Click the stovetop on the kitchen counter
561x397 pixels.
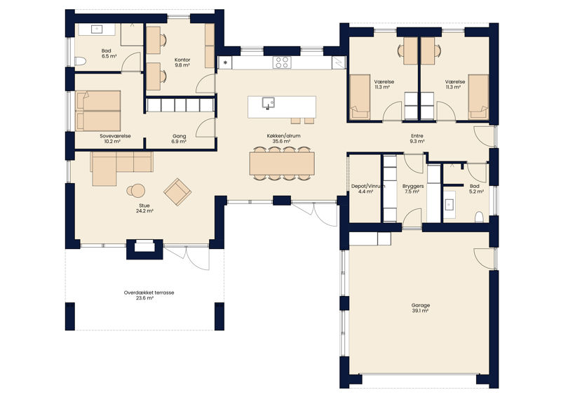(x=282, y=62)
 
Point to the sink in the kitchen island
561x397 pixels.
(x=268, y=102)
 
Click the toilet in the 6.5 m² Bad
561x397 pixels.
(x=80, y=61)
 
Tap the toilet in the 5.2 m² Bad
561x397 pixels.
(x=479, y=217)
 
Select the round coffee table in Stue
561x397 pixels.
(x=136, y=191)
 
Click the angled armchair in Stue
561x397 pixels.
(x=177, y=192)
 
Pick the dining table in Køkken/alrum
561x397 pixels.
(x=282, y=163)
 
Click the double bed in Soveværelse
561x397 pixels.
(x=98, y=111)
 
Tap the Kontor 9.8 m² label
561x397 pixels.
(x=182, y=62)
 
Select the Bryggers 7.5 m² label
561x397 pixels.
(x=413, y=189)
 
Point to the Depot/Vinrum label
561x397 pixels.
(x=368, y=186)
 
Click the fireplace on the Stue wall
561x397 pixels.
(x=144, y=248)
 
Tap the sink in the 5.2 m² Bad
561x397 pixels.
(x=449, y=205)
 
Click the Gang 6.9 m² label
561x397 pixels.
(x=180, y=139)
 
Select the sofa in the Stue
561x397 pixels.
(x=121, y=168)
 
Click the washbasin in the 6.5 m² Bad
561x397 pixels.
(x=97, y=29)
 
